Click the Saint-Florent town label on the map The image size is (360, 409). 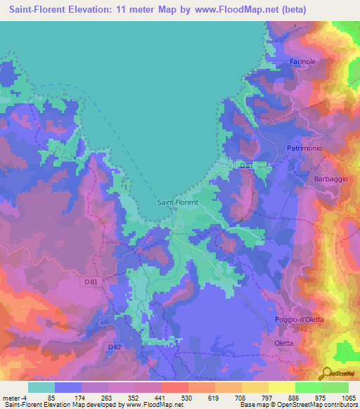177,202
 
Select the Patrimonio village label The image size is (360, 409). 304,148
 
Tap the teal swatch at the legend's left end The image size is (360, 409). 41,387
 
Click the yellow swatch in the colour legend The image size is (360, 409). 281,387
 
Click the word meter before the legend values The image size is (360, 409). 13,397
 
